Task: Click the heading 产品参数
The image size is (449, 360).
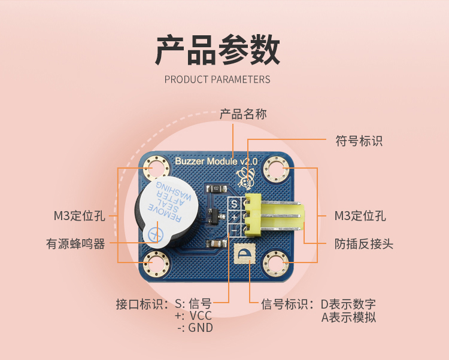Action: pos(217,50)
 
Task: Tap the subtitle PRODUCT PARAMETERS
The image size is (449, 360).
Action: pos(217,80)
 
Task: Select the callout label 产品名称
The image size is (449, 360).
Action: pos(243,114)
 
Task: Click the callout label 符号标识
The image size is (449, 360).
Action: pos(359,141)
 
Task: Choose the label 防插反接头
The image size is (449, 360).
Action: pos(364,244)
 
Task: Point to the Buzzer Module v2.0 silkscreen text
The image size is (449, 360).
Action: pos(216,162)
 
